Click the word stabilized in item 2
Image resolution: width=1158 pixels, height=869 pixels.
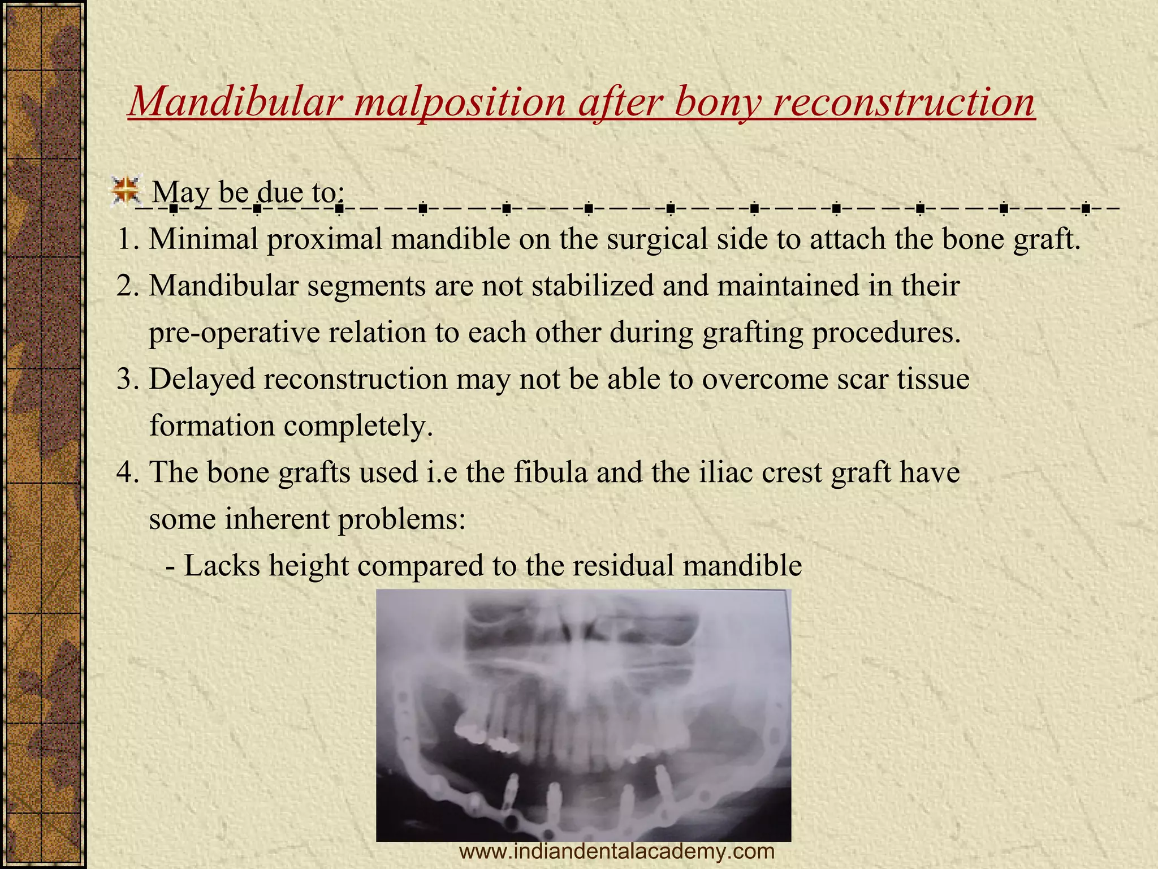click(593, 286)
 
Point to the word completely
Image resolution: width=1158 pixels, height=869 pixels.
click(358, 426)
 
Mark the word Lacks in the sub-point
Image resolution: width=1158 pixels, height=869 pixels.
click(222, 565)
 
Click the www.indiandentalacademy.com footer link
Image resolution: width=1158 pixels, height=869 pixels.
click(617, 851)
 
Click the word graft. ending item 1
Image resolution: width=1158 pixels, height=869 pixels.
click(1047, 239)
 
